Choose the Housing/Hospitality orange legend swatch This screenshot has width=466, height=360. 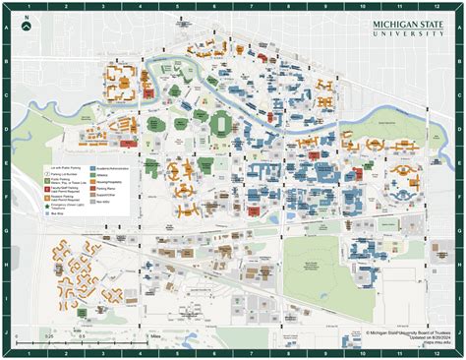[91, 184]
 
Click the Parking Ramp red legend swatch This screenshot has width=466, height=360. [91, 193]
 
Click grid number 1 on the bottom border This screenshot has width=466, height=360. [29, 352]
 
